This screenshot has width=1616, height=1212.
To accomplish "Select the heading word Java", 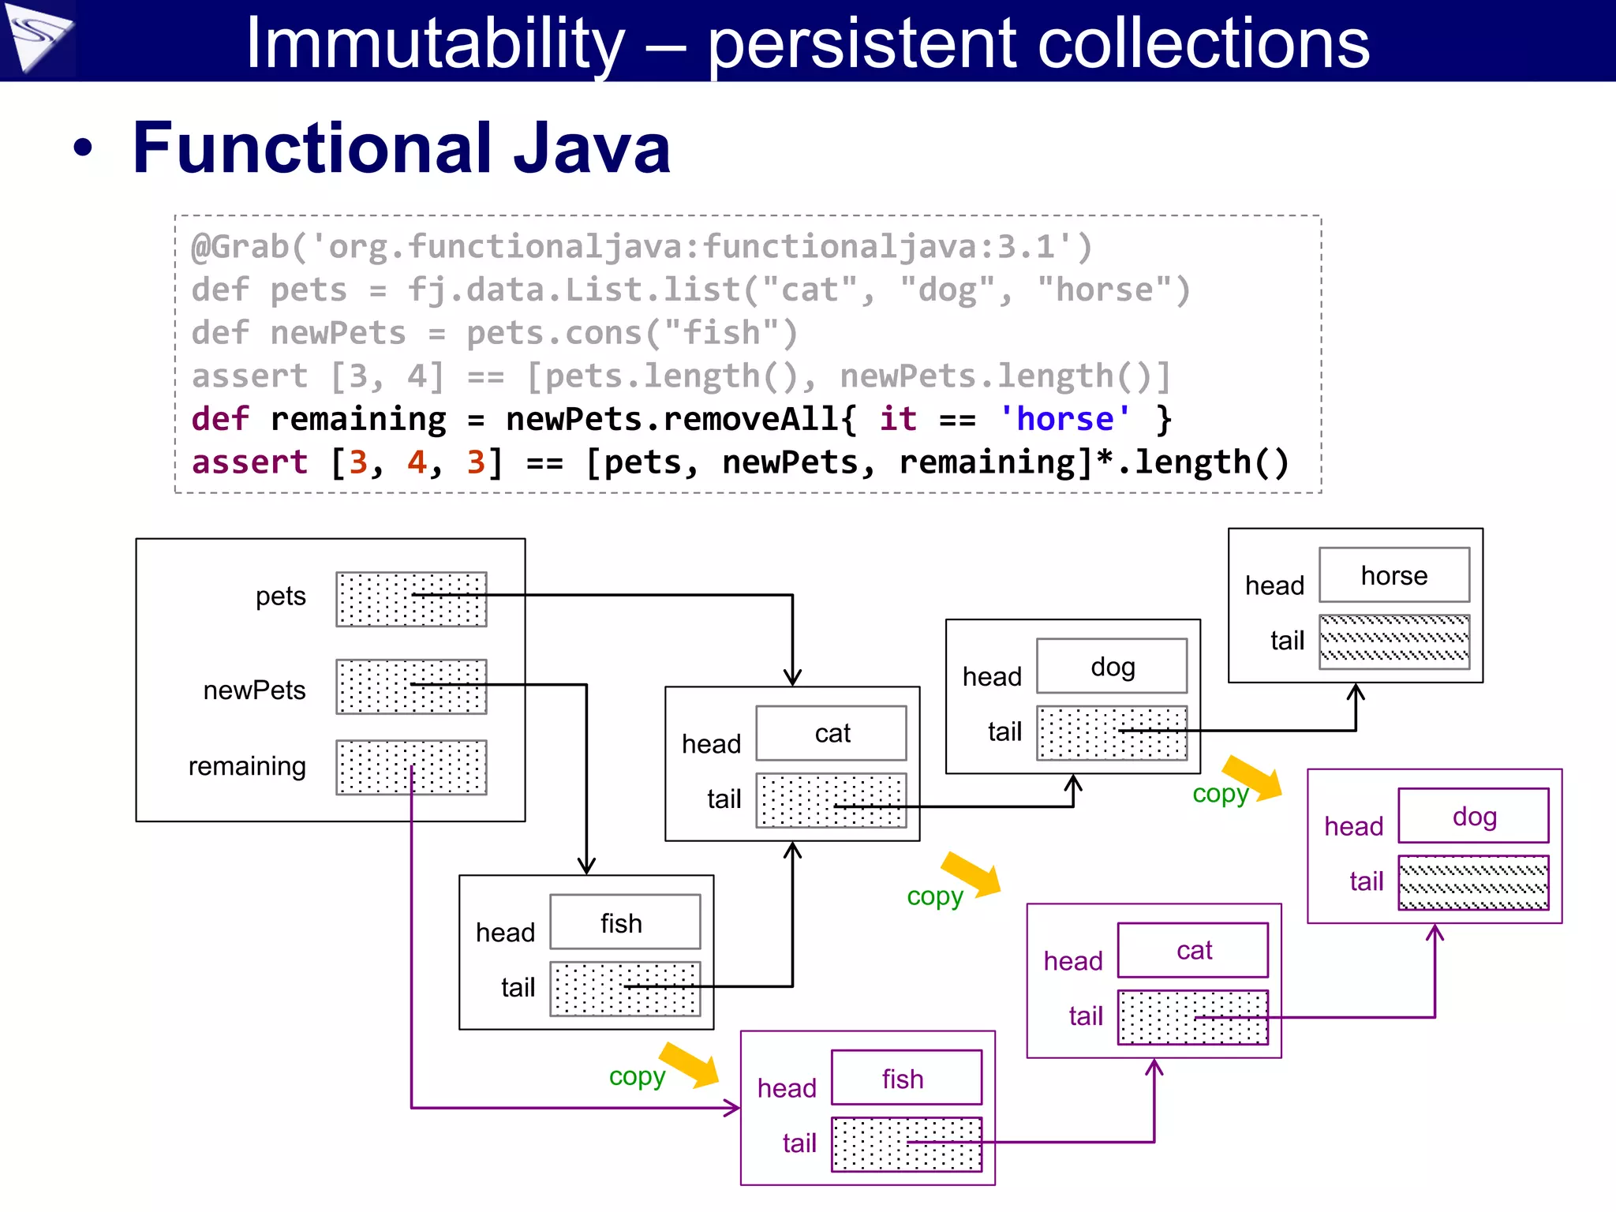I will (592, 148).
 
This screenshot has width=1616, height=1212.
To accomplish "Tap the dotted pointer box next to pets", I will (411, 600).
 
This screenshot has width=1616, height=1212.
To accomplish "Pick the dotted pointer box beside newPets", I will (411, 686).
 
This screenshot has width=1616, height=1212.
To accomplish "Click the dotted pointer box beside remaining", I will (411, 767).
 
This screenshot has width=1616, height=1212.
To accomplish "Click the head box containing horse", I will (1394, 575).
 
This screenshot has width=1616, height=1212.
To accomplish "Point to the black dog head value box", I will (1112, 667).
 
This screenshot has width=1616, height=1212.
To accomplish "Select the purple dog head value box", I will (1473, 816).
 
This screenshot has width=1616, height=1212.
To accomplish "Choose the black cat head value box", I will (831, 733).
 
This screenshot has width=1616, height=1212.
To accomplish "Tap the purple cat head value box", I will (1193, 950).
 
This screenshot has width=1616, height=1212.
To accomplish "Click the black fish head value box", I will (624, 922).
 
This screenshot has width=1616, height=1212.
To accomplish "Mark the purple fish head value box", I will (906, 1078).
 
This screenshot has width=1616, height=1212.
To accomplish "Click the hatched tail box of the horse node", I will (1394, 641).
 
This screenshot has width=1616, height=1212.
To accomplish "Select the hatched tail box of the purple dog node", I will (1473, 882).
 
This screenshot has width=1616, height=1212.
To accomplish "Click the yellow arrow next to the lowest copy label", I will (689, 1064).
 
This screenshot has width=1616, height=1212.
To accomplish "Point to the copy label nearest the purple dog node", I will (1220, 794).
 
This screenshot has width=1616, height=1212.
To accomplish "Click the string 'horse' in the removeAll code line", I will (1065, 419).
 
